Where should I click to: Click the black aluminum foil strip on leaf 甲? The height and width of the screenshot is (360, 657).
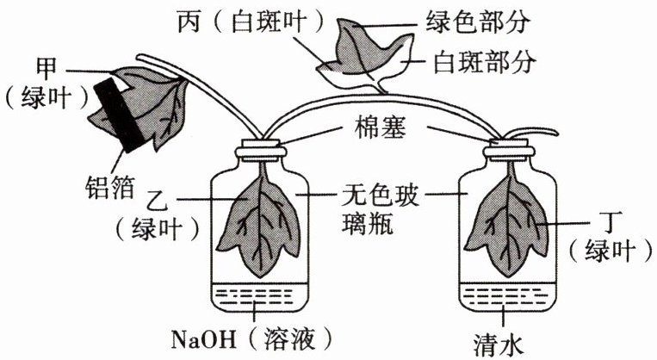119,115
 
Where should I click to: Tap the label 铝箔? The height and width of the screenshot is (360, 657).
109,187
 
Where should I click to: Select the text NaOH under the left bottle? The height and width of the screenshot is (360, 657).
203,340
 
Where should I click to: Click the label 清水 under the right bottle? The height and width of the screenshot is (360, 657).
499,345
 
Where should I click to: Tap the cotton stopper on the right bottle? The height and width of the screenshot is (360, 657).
509,150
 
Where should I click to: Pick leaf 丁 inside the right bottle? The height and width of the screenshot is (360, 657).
508,227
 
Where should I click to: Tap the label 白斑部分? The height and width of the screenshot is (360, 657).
485,63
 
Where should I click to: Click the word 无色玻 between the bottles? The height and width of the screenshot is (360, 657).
380,196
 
